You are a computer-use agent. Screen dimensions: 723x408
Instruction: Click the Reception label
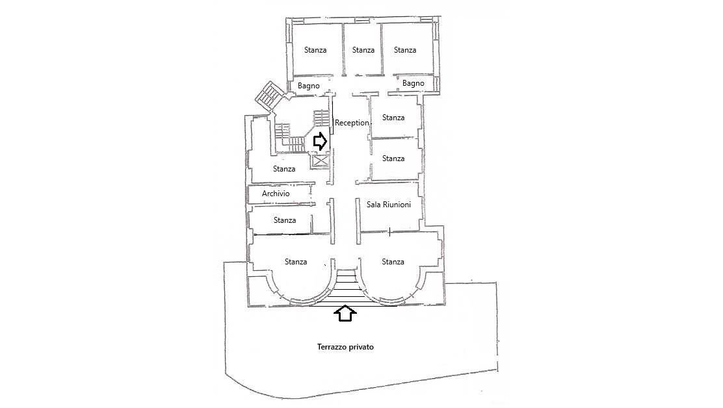click(352, 123)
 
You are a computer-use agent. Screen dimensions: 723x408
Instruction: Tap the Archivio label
click(276, 194)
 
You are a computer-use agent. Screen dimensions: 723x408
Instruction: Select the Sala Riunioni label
click(389, 205)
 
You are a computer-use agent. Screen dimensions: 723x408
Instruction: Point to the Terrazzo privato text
click(345, 347)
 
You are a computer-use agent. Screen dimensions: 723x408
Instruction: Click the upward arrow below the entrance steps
click(345, 314)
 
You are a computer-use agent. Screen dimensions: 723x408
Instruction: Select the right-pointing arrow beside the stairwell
click(320, 142)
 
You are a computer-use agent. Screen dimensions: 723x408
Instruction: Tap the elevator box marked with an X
click(320, 160)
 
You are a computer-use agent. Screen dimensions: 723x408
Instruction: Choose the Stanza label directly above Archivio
click(284, 169)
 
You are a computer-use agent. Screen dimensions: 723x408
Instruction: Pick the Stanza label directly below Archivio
click(285, 220)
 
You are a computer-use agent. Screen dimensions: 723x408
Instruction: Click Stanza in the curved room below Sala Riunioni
click(393, 262)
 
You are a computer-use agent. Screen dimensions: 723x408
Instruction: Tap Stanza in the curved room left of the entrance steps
click(296, 262)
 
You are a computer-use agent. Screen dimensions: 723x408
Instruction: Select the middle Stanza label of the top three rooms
click(363, 50)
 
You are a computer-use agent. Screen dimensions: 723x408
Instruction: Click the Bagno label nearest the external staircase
click(308, 86)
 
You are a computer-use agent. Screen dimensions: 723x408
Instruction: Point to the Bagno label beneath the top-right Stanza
click(413, 83)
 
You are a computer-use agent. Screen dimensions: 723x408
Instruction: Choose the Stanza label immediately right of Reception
click(393, 118)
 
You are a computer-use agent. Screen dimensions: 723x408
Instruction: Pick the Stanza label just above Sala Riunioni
click(393, 159)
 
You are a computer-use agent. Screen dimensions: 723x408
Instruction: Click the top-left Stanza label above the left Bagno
click(315, 50)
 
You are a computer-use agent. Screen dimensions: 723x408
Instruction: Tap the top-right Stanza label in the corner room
click(405, 50)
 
